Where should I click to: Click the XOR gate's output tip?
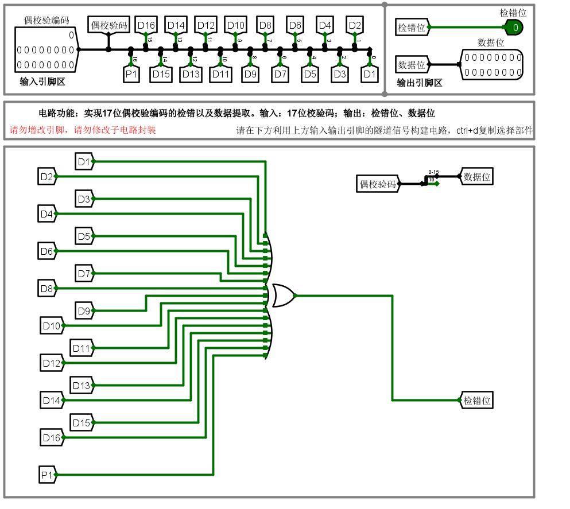[295, 296]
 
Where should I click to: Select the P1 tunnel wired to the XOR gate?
[47, 475]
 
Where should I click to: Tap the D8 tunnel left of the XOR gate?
[46, 288]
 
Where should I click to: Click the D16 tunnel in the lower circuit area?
[51, 438]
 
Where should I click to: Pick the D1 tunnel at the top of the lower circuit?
[84, 162]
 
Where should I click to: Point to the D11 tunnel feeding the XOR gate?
[81, 348]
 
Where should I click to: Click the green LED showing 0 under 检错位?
[514, 27]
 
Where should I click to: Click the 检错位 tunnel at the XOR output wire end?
[477, 401]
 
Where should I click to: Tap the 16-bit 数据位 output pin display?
[493, 64]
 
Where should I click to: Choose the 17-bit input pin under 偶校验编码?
[45, 50]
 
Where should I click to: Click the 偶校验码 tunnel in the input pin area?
[108, 25]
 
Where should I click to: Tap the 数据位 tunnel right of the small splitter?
[477, 177]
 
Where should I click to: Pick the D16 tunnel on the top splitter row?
[146, 25]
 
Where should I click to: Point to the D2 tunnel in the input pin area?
[355, 25]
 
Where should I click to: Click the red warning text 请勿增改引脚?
[40, 130]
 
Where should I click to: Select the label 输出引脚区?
[420, 83]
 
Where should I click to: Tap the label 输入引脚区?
[42, 81]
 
